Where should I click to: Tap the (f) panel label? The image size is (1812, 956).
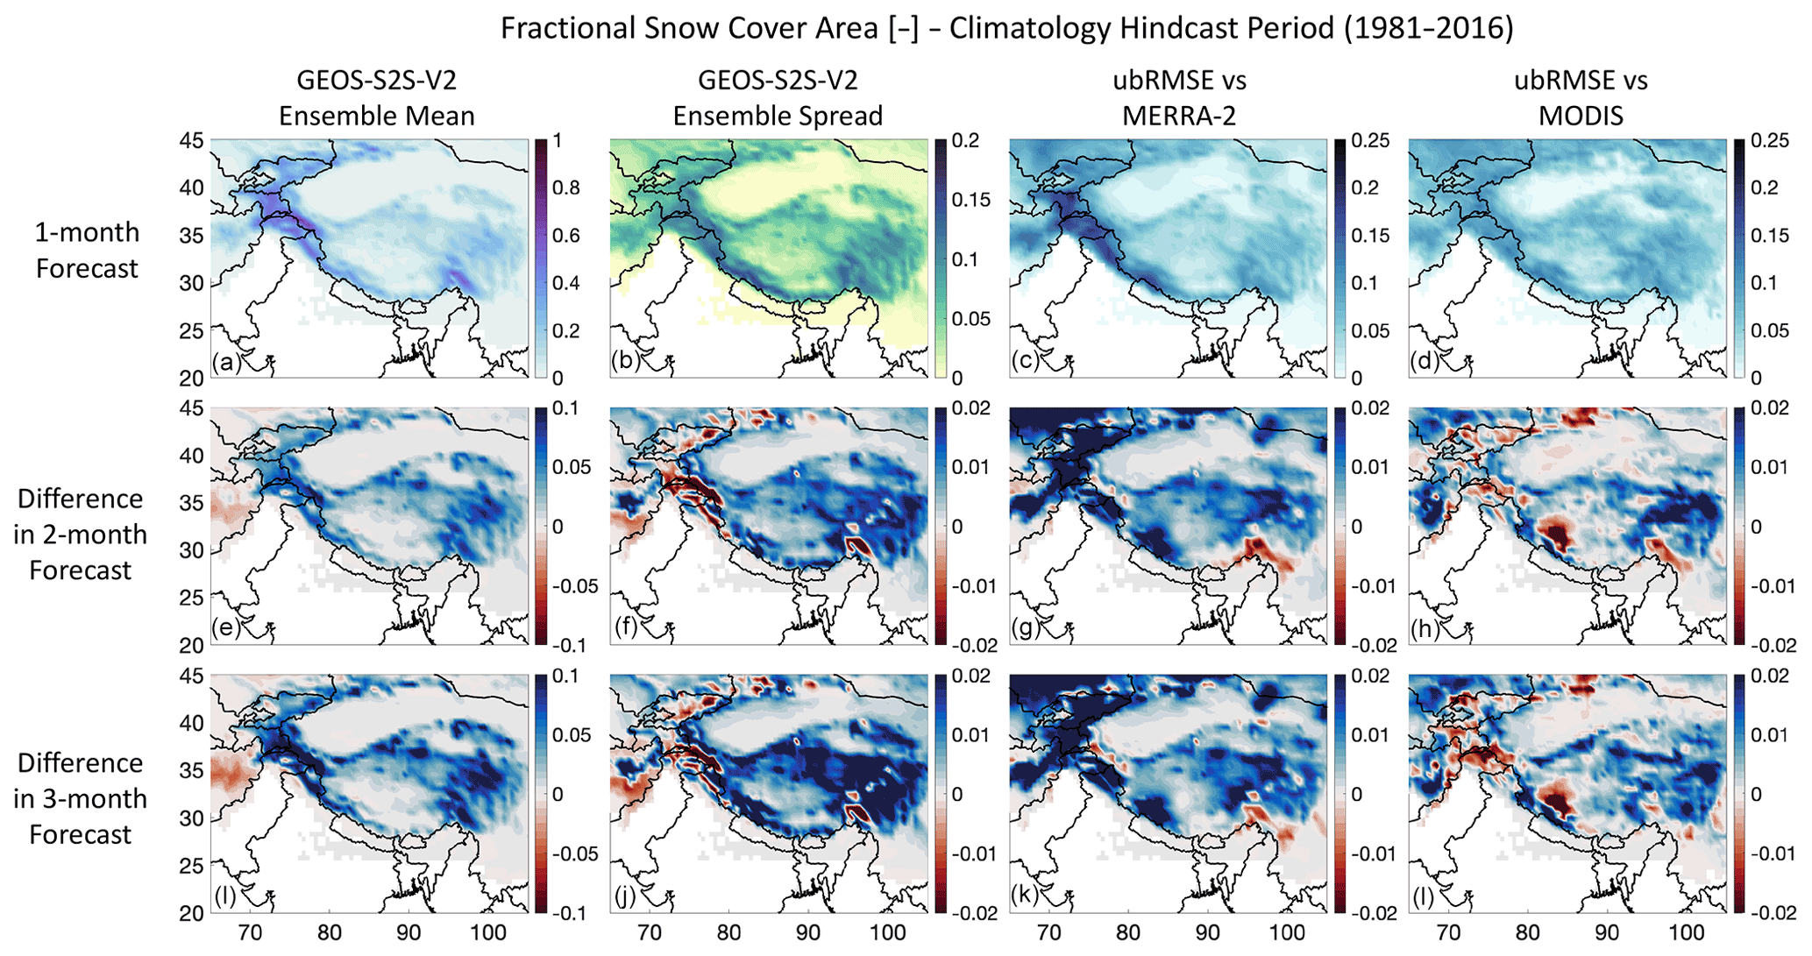(x=626, y=628)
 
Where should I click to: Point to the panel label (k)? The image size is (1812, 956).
(x=1026, y=896)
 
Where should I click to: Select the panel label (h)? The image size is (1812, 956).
(x=1425, y=628)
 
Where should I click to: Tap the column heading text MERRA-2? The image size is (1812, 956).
(x=1179, y=116)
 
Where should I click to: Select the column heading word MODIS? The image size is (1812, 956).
(x=1581, y=116)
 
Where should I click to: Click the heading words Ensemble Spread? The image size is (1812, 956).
(x=778, y=116)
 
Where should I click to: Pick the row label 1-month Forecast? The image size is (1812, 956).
(x=87, y=250)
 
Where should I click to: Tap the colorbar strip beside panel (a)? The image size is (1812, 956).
(x=541, y=258)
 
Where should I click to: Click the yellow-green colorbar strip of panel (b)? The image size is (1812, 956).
(x=941, y=258)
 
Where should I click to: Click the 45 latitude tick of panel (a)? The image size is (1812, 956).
(x=193, y=141)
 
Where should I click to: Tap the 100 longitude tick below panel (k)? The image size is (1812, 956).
(x=1287, y=932)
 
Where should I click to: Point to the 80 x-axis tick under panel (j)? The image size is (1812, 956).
(x=728, y=932)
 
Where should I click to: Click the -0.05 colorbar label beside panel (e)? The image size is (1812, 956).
(x=573, y=586)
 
